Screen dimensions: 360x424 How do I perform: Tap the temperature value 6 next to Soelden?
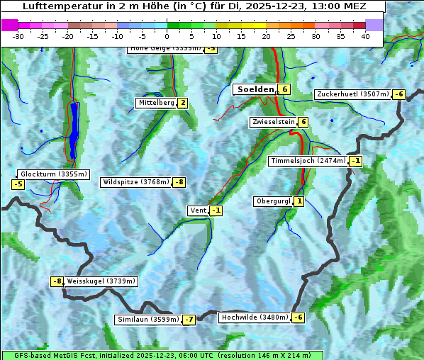[284, 89]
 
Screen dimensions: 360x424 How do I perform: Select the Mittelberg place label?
[156, 103]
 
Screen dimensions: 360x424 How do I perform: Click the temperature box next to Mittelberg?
[183, 103]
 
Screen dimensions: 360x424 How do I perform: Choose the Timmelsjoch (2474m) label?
[308, 161]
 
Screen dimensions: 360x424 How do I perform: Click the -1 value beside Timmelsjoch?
[355, 161]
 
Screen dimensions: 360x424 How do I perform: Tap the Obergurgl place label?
[273, 201]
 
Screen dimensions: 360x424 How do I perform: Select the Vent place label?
[198, 210]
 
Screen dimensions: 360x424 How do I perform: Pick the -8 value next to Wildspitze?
[180, 182]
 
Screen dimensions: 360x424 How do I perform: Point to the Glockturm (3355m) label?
[54, 174]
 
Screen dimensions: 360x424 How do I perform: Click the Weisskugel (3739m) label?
[101, 281]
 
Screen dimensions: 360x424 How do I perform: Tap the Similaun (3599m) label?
[147, 320]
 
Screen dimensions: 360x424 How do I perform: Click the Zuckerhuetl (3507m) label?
[353, 94]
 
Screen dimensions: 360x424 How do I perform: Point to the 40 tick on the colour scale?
[365, 36]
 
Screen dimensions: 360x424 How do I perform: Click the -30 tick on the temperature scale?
[18, 36]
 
